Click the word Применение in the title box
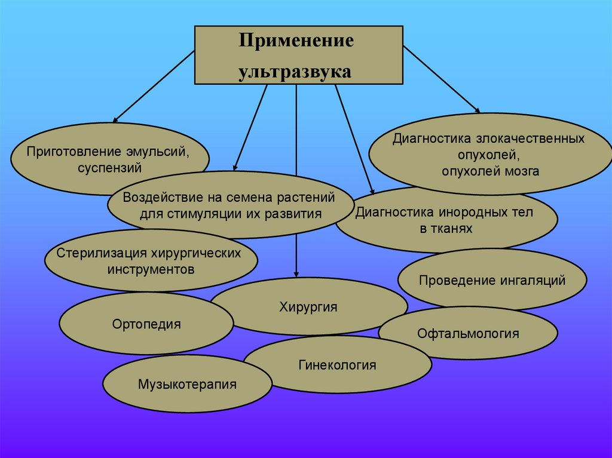click(x=296, y=42)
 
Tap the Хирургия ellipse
click(x=308, y=308)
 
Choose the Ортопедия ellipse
click(x=146, y=324)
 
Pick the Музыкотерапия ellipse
click(x=187, y=384)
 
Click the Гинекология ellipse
click(x=338, y=365)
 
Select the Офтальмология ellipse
click(x=468, y=333)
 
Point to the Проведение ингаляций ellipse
click(x=492, y=280)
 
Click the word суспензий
click(x=109, y=168)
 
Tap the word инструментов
click(x=151, y=269)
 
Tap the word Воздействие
click(x=158, y=198)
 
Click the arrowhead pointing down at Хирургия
click(x=296, y=273)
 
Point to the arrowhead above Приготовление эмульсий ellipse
click(x=116, y=119)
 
